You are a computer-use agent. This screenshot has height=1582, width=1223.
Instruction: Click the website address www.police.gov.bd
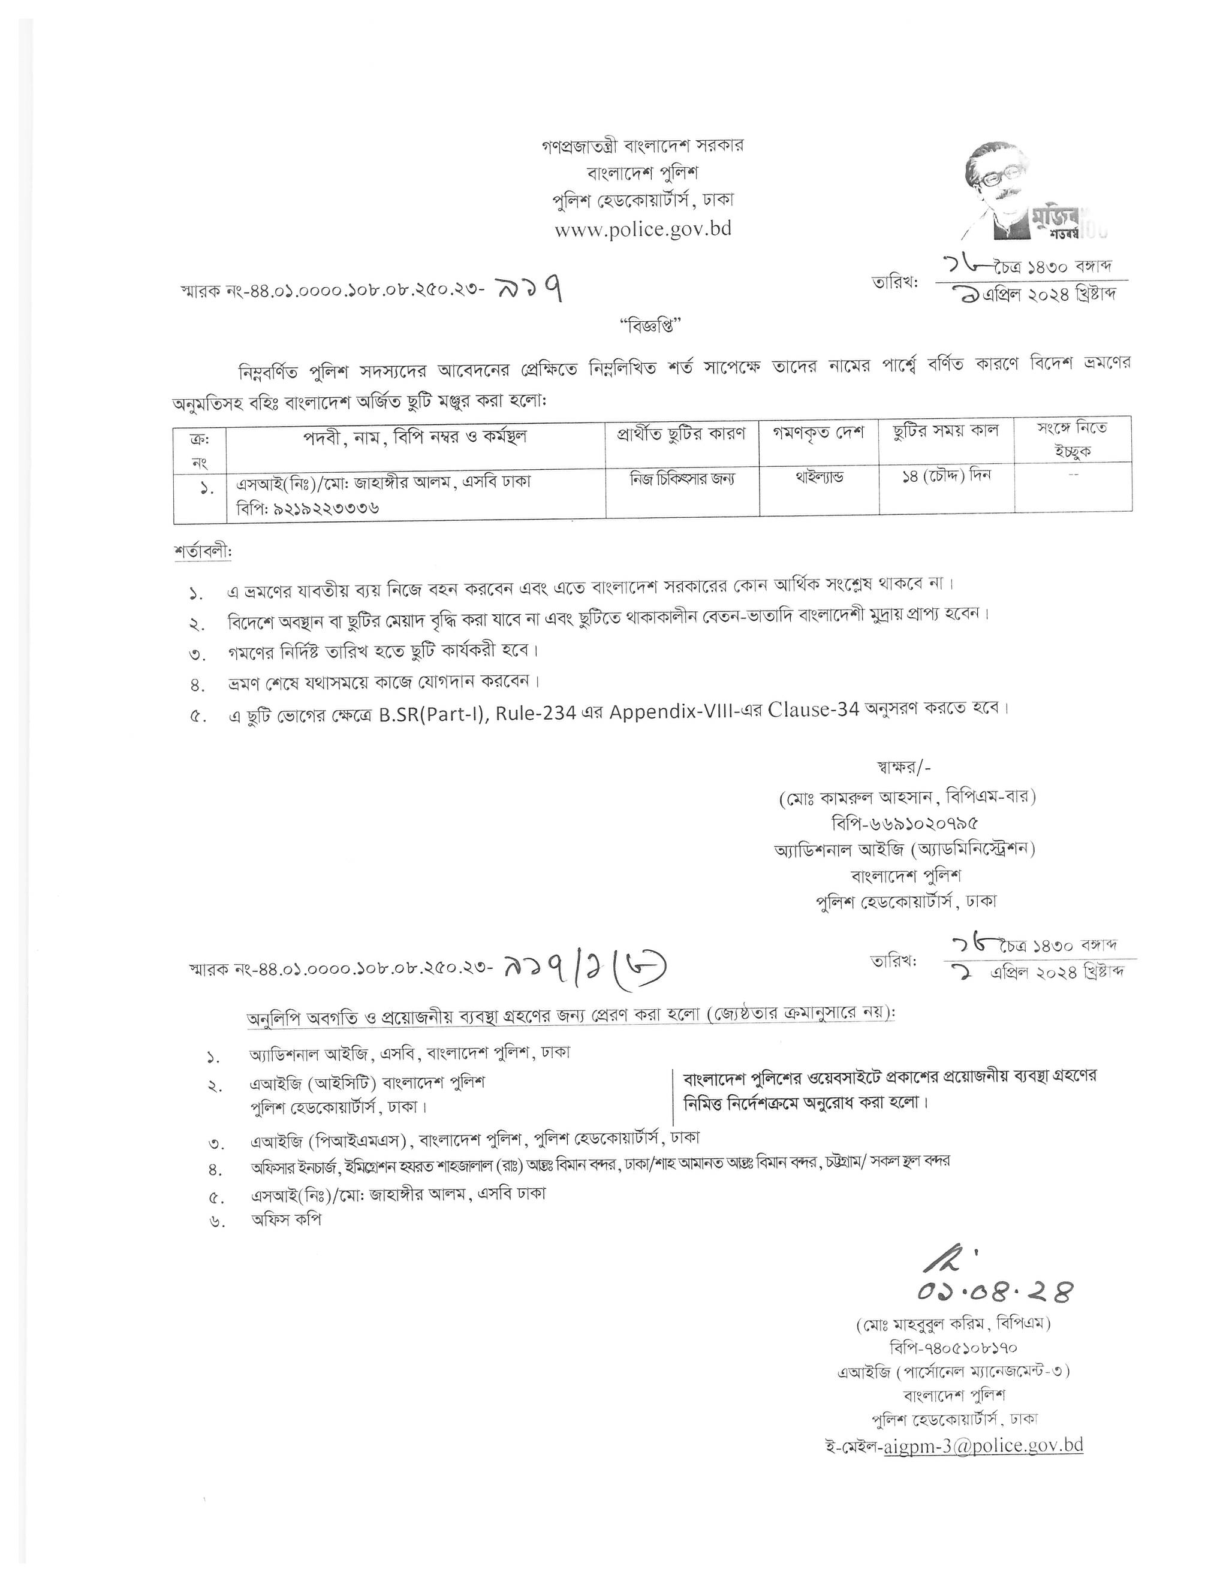point(643,229)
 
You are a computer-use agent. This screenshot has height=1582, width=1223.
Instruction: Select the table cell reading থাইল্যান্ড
point(819,478)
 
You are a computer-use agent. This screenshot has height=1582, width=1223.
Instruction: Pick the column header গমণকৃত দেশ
point(819,433)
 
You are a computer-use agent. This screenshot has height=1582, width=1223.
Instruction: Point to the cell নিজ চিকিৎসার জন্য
point(681,478)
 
